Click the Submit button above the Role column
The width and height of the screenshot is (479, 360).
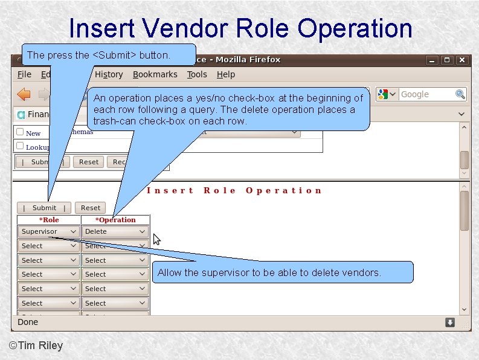click(x=44, y=207)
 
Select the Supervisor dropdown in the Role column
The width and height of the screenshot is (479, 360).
click(x=48, y=231)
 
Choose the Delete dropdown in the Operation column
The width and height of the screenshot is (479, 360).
click(x=115, y=231)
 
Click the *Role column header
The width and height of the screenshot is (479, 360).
click(x=49, y=220)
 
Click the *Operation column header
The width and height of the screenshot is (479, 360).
click(x=115, y=220)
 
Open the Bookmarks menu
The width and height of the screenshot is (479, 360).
click(x=155, y=74)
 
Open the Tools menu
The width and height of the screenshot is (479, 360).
click(x=197, y=74)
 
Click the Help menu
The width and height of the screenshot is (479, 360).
click(x=226, y=74)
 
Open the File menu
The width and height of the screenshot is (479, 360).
click(x=24, y=74)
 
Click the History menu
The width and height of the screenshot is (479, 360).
click(x=109, y=74)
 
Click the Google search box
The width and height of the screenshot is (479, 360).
click(x=426, y=94)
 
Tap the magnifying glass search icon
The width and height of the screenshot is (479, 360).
click(x=460, y=94)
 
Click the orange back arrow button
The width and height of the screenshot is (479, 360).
click(x=24, y=94)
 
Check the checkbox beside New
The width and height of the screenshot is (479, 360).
click(x=20, y=132)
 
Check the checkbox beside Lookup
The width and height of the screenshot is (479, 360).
click(x=20, y=146)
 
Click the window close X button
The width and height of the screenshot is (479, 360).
click(x=462, y=60)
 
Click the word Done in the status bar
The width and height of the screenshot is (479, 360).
click(x=28, y=322)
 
